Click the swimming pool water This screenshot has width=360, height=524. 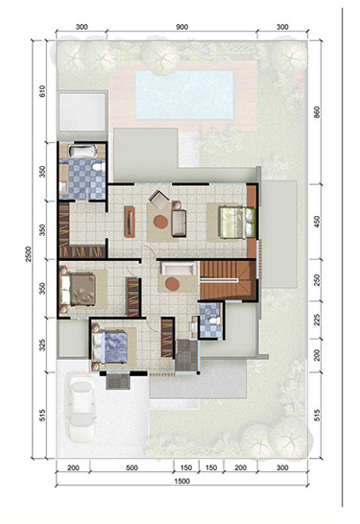pos(184,95)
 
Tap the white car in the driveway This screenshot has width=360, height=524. pos(81,410)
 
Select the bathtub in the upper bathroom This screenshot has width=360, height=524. pos(83,152)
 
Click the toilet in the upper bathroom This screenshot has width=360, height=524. pos(99,166)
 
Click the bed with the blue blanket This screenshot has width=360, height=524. pos(110,346)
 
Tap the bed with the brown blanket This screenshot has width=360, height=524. pos(79,290)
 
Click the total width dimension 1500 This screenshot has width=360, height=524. pos(182,481)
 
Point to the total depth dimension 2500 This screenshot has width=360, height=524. pos(28,254)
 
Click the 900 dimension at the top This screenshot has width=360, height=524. pos(181,28)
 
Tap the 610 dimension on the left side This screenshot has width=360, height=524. pos(42,91)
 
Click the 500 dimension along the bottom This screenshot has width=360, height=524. pos(132,468)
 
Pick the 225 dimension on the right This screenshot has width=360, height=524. pos(317,320)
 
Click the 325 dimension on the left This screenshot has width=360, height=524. pos(42,345)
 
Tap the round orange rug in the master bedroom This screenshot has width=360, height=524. pos(161,222)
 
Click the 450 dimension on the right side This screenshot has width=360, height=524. pos(317,222)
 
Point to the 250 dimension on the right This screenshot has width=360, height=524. pos(317,280)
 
